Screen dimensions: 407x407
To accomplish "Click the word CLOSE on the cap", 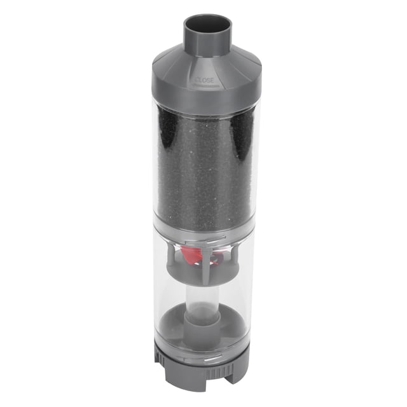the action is point(205,80).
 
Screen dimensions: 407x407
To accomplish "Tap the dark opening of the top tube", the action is point(207,25).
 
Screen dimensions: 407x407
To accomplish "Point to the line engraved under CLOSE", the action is point(206,85).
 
